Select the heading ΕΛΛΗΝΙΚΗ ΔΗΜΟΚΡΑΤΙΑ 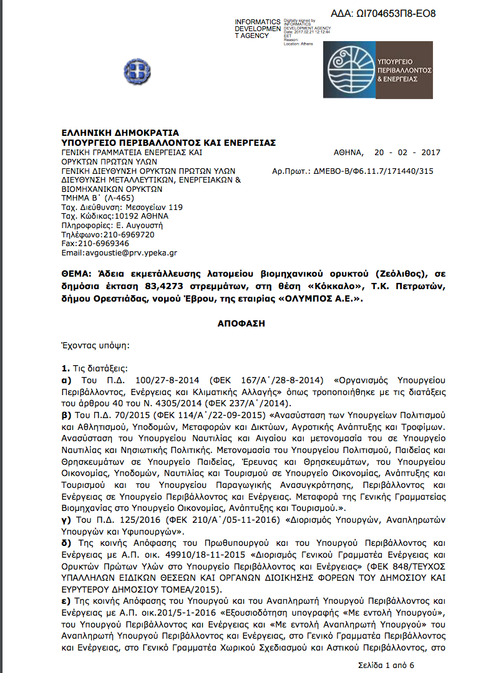[120, 133]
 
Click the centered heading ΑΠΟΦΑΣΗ [248, 324]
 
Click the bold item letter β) [66, 414]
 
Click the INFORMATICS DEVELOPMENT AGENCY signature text [258, 29]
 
